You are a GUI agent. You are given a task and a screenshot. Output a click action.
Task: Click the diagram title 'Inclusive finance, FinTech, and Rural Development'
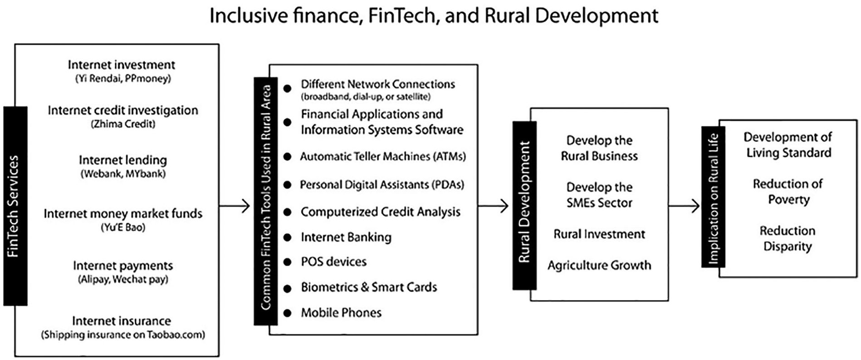coord(433,16)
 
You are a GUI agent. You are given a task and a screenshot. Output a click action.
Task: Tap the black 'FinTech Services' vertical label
coord(15,206)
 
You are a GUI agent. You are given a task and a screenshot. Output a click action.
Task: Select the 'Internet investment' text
coord(122,65)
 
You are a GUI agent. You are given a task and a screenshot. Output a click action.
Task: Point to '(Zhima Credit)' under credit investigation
coord(123,124)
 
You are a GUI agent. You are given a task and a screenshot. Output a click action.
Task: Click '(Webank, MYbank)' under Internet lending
coord(123,174)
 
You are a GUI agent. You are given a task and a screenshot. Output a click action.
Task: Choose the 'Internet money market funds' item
coord(123,214)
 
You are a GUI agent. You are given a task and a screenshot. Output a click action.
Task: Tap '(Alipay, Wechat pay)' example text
coord(123,279)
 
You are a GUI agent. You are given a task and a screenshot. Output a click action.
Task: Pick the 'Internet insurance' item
coord(122,321)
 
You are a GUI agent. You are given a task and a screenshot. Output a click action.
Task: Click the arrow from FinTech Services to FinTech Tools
coord(235,206)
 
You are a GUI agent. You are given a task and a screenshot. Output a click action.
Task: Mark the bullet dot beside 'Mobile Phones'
coord(287,313)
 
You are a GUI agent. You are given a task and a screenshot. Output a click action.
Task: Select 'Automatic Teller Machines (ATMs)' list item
coord(383,156)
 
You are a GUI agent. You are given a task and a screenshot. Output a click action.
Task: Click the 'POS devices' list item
coord(333,262)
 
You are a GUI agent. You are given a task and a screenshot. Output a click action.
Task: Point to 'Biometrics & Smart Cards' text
coord(369,287)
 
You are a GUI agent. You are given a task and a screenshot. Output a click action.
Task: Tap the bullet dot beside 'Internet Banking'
coord(287,238)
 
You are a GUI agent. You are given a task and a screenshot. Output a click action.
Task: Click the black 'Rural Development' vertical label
coord(524,205)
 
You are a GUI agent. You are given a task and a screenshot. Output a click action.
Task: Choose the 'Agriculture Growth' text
coord(599,265)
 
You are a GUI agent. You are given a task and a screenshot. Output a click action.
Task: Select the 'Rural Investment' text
coord(599,234)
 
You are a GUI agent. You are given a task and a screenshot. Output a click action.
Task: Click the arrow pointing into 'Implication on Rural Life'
coord(684,206)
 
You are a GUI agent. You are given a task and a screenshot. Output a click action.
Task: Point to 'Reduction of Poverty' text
coord(788,192)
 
